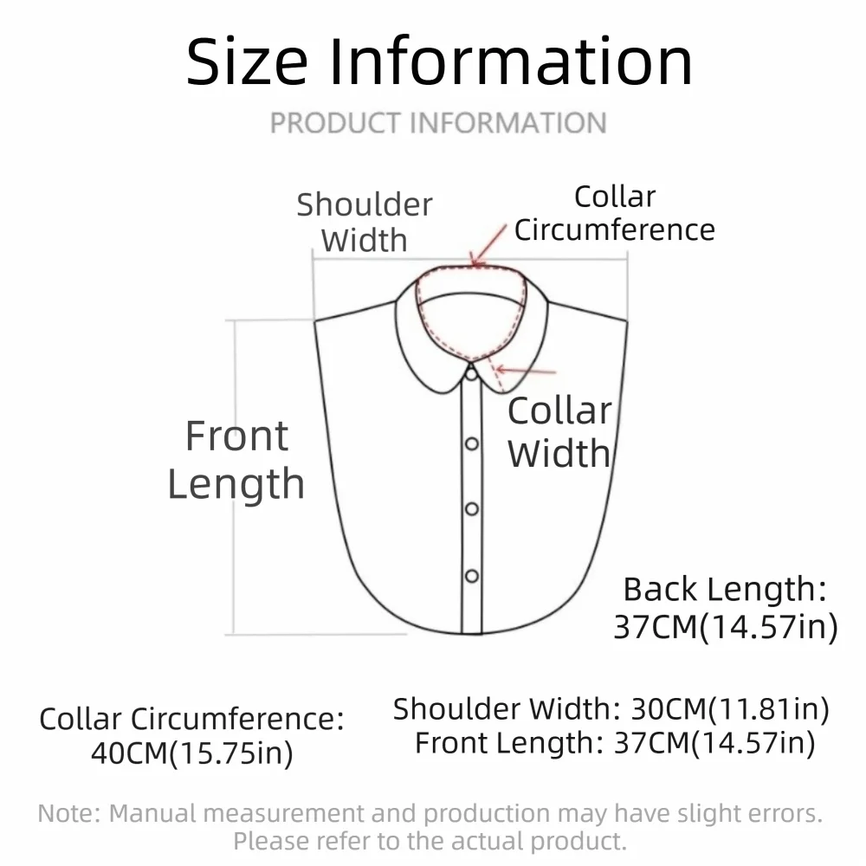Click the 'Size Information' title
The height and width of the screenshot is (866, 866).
(x=439, y=61)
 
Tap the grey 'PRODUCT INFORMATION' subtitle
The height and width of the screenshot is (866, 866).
(x=438, y=123)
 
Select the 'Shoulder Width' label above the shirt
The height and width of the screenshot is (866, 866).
(x=365, y=222)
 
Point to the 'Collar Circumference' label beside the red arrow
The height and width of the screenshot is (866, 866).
(x=615, y=213)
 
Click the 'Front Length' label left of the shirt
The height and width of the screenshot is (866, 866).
(x=236, y=460)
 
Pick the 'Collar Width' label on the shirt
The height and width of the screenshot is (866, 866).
(x=559, y=432)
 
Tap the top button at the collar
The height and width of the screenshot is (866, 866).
(x=471, y=374)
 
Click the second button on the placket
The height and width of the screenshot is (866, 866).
(x=472, y=443)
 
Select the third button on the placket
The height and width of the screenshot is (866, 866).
(x=472, y=508)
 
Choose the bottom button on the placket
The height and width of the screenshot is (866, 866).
(x=472, y=576)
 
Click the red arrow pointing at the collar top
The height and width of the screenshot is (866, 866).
(x=488, y=246)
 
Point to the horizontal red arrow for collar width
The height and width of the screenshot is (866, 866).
(x=526, y=371)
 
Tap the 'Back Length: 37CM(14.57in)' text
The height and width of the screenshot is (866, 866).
(x=726, y=608)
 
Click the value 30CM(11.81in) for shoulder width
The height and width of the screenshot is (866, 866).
(x=730, y=709)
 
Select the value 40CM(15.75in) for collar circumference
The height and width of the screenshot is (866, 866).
(x=192, y=753)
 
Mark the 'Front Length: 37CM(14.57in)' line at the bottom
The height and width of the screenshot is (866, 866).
(x=615, y=743)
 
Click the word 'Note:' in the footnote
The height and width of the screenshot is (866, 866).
(x=69, y=813)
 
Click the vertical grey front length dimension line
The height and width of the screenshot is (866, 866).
(x=234, y=477)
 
